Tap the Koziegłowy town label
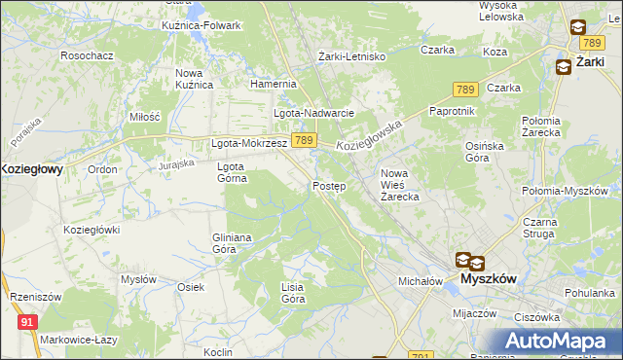(31, 168)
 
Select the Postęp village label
(329, 186)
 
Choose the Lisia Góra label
(293, 292)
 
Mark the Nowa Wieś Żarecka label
(399, 184)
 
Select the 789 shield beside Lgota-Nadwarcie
(304, 141)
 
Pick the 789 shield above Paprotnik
(464, 90)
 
